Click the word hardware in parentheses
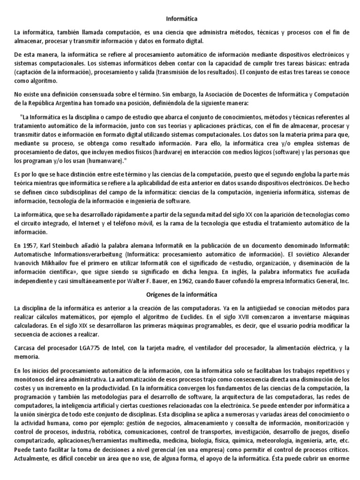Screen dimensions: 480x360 [x=148, y=152]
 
